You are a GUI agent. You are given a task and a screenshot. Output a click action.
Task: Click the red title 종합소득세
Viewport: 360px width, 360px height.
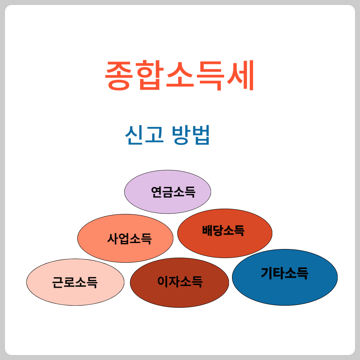pyautogui.click(x=180, y=75)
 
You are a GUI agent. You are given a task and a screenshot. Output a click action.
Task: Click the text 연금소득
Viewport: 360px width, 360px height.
pyautogui.click(x=173, y=192)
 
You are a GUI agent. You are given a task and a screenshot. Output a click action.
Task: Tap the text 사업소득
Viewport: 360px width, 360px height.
pyautogui.click(x=129, y=238)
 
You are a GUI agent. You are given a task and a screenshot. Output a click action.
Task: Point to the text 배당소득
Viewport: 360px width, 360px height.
pyautogui.click(x=223, y=230)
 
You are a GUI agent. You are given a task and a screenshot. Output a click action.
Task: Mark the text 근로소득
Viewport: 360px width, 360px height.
pyautogui.click(x=75, y=282)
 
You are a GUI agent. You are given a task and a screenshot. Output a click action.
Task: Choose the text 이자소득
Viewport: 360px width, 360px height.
pyautogui.click(x=180, y=282)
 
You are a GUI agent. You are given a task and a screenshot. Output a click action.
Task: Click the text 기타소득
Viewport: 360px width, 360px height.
pyautogui.click(x=284, y=273)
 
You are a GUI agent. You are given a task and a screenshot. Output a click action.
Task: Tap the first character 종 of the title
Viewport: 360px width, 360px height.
pyautogui.click(x=119, y=75)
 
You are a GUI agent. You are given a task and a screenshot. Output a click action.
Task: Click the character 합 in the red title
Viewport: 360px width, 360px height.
pyautogui.click(x=149, y=75)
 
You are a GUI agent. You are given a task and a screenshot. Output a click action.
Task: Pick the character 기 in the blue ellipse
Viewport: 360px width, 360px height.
pyautogui.click(x=267, y=273)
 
